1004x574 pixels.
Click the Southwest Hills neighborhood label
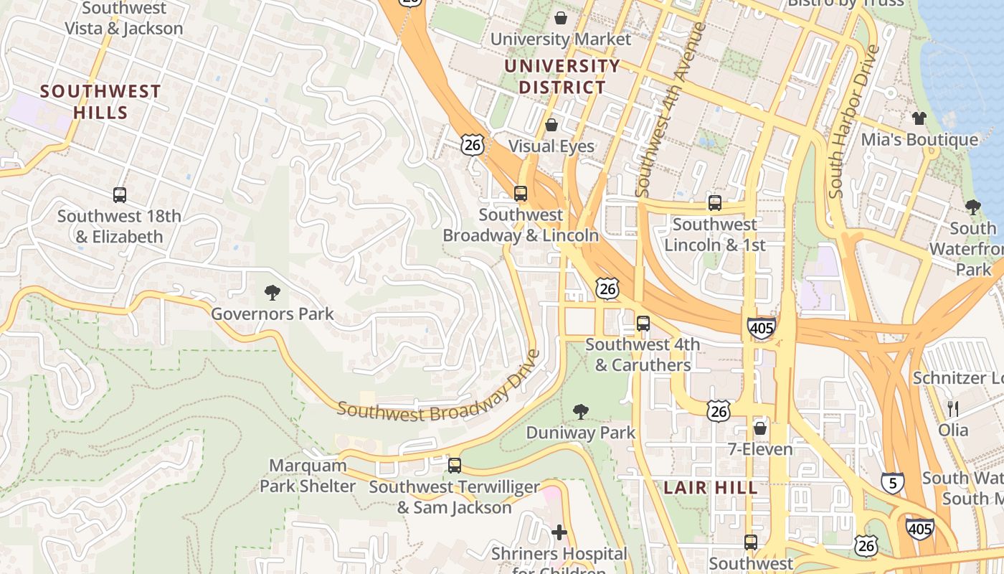point(100,102)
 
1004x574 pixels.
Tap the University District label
point(562,77)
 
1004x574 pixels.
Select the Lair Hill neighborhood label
point(710,488)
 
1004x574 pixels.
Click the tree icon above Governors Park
point(272,292)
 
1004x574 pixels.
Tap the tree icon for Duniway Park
point(581,411)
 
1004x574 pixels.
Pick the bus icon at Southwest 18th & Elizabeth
point(120,194)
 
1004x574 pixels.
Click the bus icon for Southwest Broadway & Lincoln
point(521,193)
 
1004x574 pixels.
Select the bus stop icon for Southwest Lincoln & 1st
point(714,202)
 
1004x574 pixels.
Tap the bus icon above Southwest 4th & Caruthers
point(643,323)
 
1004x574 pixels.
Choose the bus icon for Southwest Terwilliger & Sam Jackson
point(454,465)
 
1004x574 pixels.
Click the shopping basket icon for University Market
point(560,17)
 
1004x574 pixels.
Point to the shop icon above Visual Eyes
point(551,125)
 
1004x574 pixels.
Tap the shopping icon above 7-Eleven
point(759,428)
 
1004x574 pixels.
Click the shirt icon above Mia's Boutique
point(919,118)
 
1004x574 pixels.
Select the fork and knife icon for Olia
point(953,409)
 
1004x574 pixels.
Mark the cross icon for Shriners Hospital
point(559,532)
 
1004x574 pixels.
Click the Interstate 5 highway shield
point(892,482)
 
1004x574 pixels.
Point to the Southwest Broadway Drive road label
point(437,387)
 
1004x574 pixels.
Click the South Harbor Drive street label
point(853,122)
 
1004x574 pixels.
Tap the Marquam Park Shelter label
point(308,476)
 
